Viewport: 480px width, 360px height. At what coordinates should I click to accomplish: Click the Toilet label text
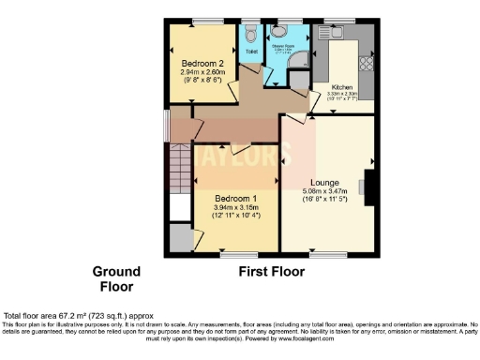coord(250,54)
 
